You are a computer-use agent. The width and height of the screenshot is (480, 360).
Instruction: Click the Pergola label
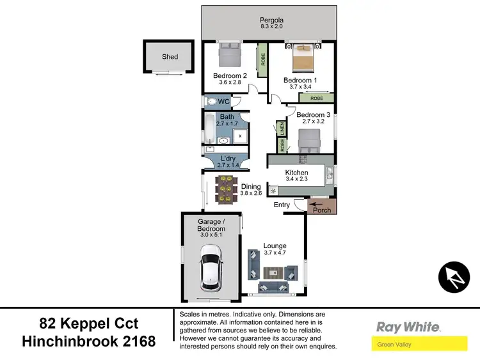click(x=271, y=20)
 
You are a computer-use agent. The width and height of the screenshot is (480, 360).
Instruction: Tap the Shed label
click(x=170, y=57)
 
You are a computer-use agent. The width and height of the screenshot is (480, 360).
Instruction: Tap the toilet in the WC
click(x=211, y=102)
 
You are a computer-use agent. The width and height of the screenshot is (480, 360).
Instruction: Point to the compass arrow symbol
click(x=454, y=277)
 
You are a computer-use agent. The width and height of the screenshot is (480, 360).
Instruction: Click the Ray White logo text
click(x=408, y=327)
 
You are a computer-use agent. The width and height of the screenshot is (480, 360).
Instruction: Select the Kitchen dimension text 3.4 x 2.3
click(x=296, y=180)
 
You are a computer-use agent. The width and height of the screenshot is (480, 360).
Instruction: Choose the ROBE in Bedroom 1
click(x=316, y=99)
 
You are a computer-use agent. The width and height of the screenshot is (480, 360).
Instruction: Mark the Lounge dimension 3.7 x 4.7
click(x=275, y=253)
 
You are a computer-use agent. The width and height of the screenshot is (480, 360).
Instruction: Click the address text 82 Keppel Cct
click(x=89, y=324)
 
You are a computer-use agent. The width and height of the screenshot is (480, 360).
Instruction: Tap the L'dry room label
click(x=228, y=159)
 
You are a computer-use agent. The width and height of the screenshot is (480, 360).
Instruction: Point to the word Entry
click(x=282, y=205)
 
